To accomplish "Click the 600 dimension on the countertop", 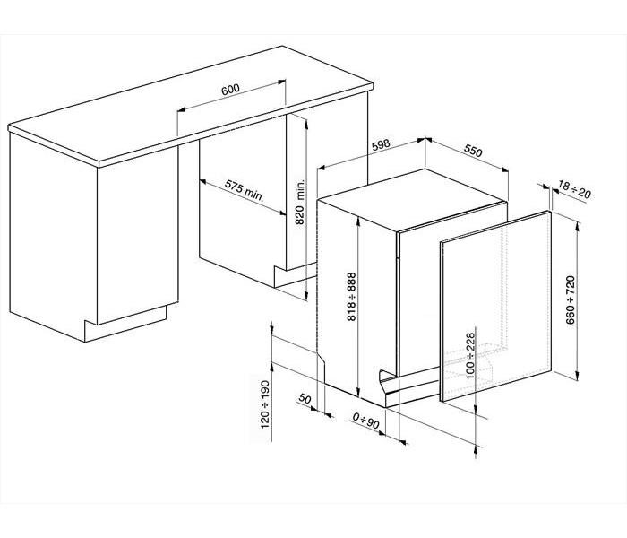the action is tap(231, 90).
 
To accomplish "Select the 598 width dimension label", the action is tap(381, 145).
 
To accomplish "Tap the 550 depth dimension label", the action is tap(473, 151).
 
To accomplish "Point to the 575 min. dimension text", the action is tap(245, 190).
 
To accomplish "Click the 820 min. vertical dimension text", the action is tap(300, 201).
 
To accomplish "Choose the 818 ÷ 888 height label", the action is tap(351, 297).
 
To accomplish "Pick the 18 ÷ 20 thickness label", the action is tap(574, 189).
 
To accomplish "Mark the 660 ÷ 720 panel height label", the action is tap(571, 299).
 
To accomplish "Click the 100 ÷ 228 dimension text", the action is tap(470, 355).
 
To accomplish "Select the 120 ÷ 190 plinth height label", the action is tap(265, 404).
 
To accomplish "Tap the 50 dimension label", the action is tap(305, 399).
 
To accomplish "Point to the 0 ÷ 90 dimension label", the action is tap(365, 421).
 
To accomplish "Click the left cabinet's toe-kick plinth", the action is tap(125, 325).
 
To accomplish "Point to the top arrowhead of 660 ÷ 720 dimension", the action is tap(576, 227).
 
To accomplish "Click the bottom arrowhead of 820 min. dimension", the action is tap(305, 296).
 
